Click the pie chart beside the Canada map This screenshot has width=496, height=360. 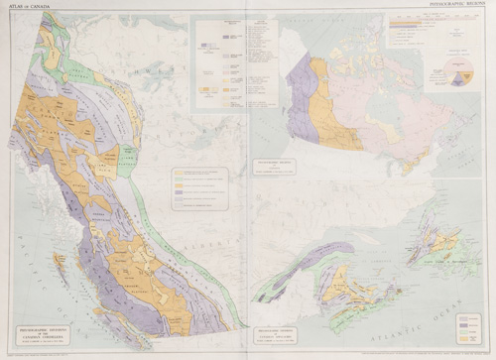coord(462,74)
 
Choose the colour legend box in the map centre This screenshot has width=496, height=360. coord(199,188)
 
